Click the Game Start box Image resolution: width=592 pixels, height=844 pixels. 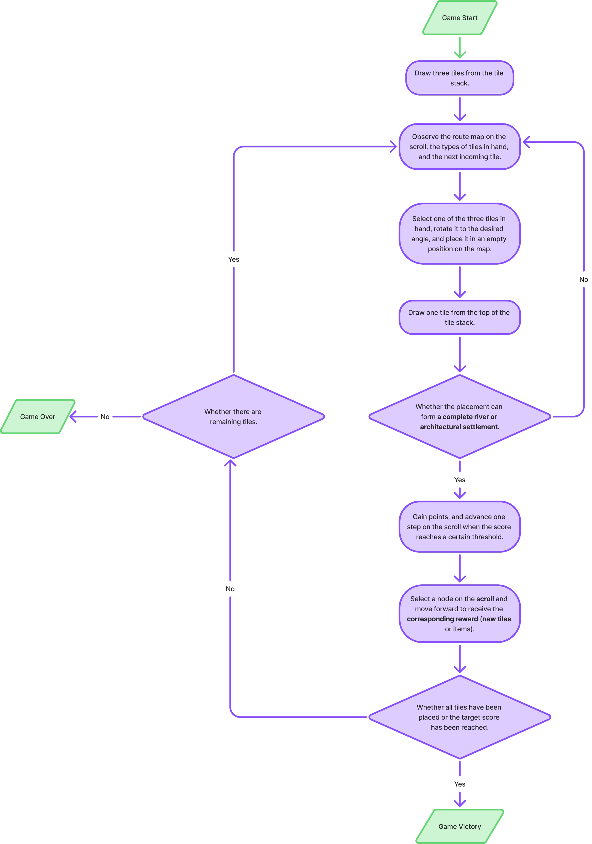[460, 18]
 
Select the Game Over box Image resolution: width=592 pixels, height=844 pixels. [37, 417]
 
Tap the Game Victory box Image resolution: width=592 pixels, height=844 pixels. [460, 826]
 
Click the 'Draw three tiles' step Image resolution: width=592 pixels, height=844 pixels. [460, 78]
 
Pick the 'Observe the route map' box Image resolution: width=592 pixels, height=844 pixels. [460, 147]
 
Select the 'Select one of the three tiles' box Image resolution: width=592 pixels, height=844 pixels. [460, 233]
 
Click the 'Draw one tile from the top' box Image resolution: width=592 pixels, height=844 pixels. [460, 317]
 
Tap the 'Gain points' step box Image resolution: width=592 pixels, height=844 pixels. [460, 526]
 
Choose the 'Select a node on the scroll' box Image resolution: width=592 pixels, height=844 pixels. [460, 613]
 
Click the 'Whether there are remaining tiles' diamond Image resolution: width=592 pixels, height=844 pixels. [233, 417]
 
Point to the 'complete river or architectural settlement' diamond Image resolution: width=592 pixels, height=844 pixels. [460, 417]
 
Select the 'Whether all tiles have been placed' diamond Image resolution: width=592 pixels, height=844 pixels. [460, 717]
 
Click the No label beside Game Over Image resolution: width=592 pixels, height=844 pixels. [105, 417]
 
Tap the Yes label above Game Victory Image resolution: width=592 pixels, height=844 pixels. [460, 784]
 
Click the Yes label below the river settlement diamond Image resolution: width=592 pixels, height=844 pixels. [460, 480]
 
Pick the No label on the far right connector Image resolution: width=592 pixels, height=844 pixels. [583, 279]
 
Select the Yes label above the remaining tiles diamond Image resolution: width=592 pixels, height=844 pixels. [233, 259]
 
